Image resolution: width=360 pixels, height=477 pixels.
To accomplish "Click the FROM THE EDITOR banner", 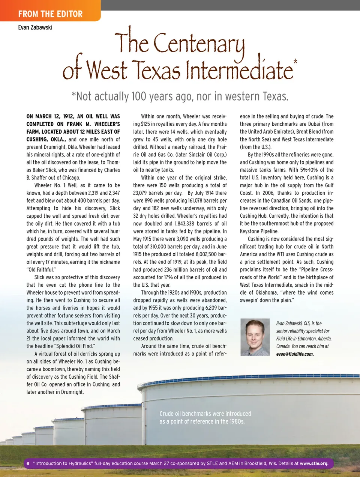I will pyautogui.click(x=50, y=14).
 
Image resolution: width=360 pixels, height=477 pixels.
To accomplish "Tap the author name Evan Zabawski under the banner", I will pyautogui.click(x=35, y=27).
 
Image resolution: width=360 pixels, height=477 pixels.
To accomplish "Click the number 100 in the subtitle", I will pyautogui.click(x=139, y=96).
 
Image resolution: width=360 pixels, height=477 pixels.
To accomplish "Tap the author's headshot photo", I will pyautogui.click(x=255, y=337).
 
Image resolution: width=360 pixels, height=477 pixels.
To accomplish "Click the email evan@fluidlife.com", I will pyautogui.click(x=295, y=354).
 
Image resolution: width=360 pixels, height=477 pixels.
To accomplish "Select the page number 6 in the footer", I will pyautogui.click(x=28, y=463).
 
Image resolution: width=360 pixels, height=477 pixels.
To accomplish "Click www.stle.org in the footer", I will pyautogui.click(x=314, y=463).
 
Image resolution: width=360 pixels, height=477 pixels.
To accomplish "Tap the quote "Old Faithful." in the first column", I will pyautogui.click(x=41, y=269).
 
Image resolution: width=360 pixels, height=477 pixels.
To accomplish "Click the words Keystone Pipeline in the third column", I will pyautogui.click(x=259, y=231).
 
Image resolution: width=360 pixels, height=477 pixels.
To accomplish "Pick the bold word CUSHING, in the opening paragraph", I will pyautogui.click(x=37, y=139).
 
